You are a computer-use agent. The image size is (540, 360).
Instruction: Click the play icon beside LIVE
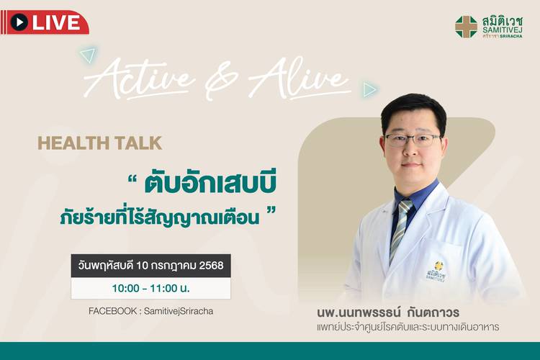pyautogui.click(x=19, y=22)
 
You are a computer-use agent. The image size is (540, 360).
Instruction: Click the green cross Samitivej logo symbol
pyautogui.click(x=466, y=27)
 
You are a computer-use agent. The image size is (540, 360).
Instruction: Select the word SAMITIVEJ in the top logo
pyautogui.click(x=502, y=30)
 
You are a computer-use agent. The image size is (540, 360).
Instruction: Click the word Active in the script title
pyautogui.click(x=140, y=78)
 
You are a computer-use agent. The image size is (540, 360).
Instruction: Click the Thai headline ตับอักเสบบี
pyautogui.click(x=210, y=184)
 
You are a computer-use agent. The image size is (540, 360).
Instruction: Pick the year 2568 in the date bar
pyautogui.click(x=212, y=266)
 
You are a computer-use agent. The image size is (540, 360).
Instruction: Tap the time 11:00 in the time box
pyautogui.click(x=163, y=288)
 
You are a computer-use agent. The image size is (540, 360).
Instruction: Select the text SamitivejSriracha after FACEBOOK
pyautogui.click(x=179, y=312)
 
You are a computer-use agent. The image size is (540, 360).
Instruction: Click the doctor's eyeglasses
pyautogui.click(x=413, y=140)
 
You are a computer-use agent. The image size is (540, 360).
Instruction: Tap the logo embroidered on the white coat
pyautogui.click(x=436, y=272)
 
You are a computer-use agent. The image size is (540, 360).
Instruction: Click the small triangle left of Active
pyautogui.click(x=88, y=55)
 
